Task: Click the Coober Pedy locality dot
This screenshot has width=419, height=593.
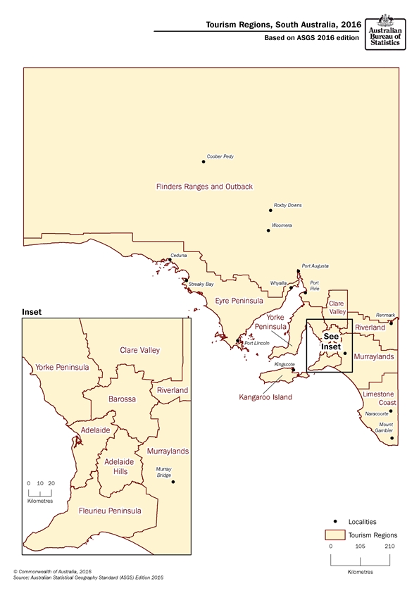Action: pyautogui.click(x=204, y=161)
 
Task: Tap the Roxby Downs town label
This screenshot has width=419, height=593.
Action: pyautogui.click(x=287, y=205)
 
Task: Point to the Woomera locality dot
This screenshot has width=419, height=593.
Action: pyautogui.click(x=268, y=230)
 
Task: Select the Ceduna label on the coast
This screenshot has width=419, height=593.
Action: pyautogui.click(x=179, y=255)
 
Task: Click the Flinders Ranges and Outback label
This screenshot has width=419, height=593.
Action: pyautogui.click(x=204, y=187)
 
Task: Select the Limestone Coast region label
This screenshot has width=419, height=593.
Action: pyautogui.click(x=379, y=398)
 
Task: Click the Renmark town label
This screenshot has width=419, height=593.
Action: pyautogui.click(x=386, y=315)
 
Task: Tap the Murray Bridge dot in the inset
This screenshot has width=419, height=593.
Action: pyautogui.click(x=173, y=482)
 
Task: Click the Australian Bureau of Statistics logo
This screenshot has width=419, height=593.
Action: pyautogui.click(x=386, y=31)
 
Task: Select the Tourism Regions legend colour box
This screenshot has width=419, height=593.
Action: pyautogui.click(x=334, y=535)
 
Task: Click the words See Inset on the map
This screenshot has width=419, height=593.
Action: pyautogui.click(x=330, y=342)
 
